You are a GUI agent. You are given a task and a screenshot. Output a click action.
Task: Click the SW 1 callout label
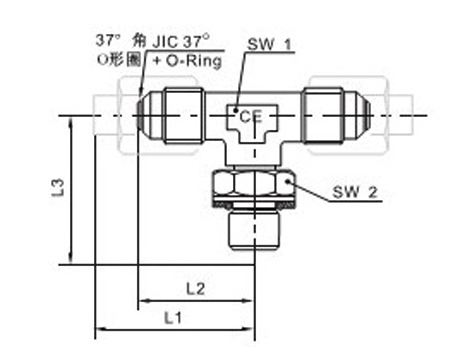(x=269, y=44)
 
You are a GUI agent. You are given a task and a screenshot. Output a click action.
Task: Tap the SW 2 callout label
(x=355, y=192)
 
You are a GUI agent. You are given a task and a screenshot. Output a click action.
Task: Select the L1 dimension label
(x=173, y=318)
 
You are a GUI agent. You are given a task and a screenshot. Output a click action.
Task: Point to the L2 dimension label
(x=195, y=289)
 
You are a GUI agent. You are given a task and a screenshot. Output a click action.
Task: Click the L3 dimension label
(x=58, y=188)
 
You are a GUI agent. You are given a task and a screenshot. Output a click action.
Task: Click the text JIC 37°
(x=181, y=42)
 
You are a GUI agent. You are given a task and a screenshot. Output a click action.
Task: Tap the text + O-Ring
(x=187, y=61)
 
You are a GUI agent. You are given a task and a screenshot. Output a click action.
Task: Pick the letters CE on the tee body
(x=251, y=117)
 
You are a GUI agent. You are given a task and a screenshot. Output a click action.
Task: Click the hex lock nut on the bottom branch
(x=253, y=184)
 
